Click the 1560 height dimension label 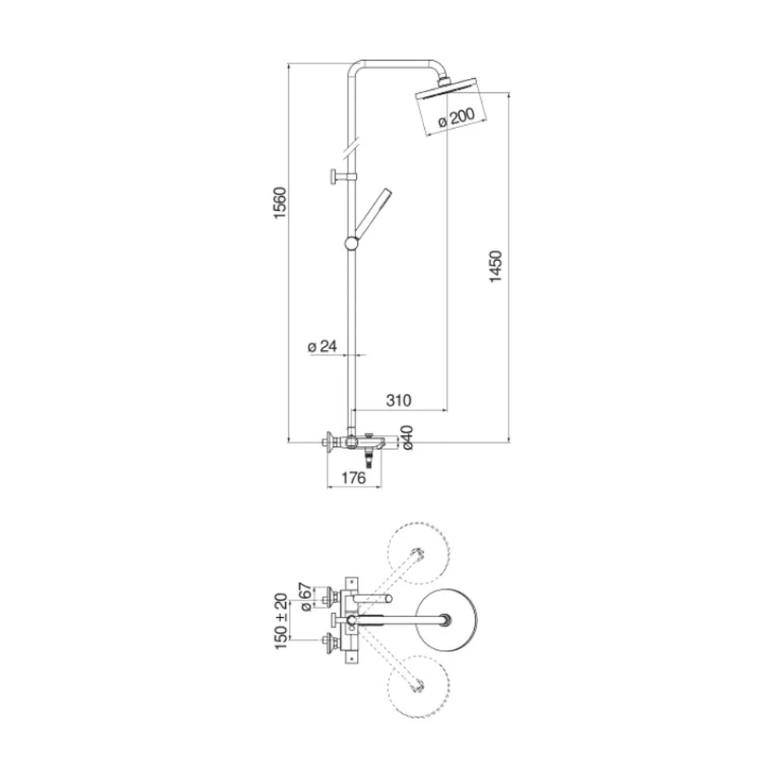pyautogui.click(x=280, y=203)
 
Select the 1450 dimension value pyautogui.click(x=496, y=266)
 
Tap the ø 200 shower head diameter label pyautogui.click(x=456, y=117)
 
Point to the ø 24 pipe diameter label pyautogui.click(x=323, y=346)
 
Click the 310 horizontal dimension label pyautogui.click(x=398, y=400)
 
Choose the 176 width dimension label pyautogui.click(x=354, y=478)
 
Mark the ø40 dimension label pyautogui.click(x=407, y=437)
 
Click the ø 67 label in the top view pyautogui.click(x=306, y=597)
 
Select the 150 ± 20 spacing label pyautogui.click(x=281, y=621)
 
